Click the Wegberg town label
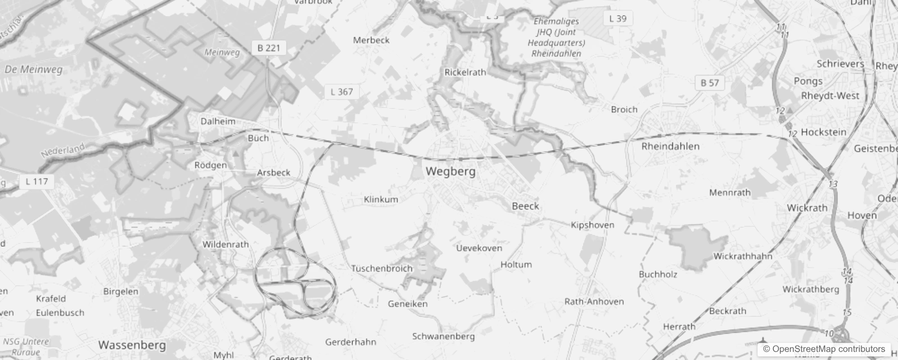[450, 171]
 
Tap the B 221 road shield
[269, 48]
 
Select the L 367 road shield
[341, 92]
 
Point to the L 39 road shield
[618, 18]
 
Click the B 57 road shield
[709, 83]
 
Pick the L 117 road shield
[36, 181]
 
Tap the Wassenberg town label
[132, 345]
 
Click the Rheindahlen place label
[670, 146]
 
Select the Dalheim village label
[218, 121]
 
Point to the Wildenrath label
[225, 244]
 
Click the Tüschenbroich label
[382, 269]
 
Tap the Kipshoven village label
[592, 225]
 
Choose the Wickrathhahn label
[743, 256]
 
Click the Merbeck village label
[371, 40]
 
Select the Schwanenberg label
[443, 336]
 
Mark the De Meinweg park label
[33, 70]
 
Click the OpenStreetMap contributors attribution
[824, 349]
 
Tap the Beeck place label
[525, 206]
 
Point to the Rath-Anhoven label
[594, 301]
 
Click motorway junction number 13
[833, 184]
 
